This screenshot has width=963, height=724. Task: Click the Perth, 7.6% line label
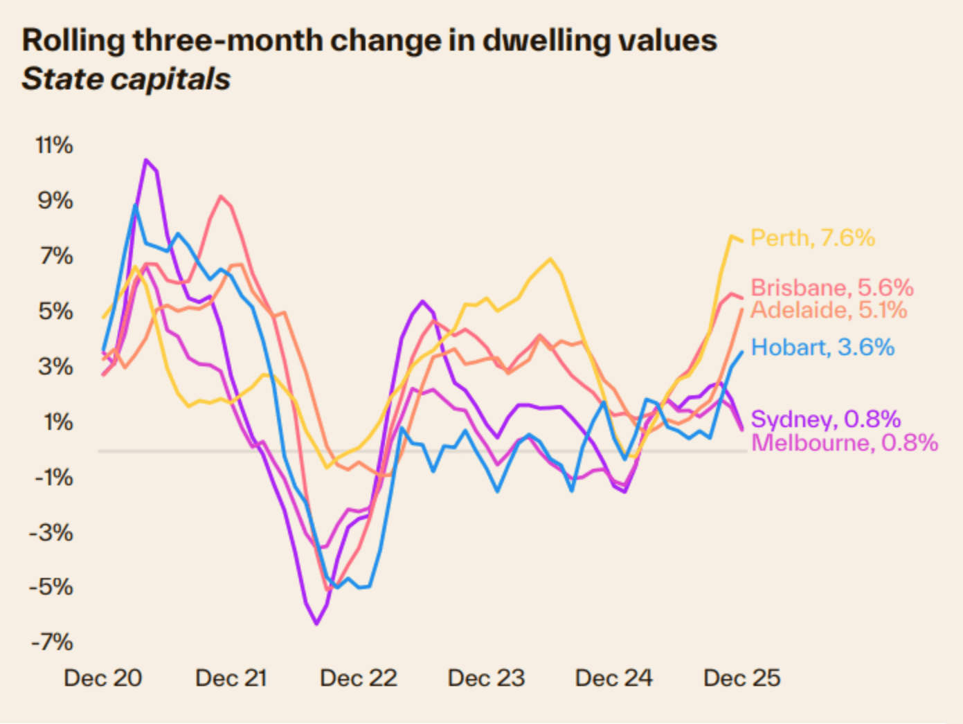(x=812, y=238)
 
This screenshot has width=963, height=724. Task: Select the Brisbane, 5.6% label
(x=831, y=288)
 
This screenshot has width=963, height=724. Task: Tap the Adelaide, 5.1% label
(x=828, y=309)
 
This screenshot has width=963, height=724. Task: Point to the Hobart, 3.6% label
(x=822, y=347)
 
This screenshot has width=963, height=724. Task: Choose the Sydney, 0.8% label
(x=825, y=419)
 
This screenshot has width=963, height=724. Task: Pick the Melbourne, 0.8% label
(x=844, y=442)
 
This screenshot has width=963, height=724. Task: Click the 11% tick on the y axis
(x=54, y=145)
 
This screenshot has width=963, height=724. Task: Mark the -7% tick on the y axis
(x=51, y=642)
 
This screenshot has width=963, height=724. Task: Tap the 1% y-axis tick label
(x=57, y=422)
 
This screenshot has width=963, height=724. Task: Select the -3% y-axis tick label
(x=51, y=532)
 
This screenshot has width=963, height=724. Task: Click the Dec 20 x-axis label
(x=102, y=678)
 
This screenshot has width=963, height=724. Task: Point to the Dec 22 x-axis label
(x=359, y=678)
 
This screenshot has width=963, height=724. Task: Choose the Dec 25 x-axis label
(x=741, y=678)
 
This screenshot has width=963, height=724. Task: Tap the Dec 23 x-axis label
(x=486, y=678)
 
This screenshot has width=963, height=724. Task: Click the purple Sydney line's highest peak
(x=146, y=160)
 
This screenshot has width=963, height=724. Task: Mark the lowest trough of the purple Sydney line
(x=317, y=624)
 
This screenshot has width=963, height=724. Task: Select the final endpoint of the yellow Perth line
(x=742, y=241)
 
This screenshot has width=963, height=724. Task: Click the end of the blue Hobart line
(x=742, y=352)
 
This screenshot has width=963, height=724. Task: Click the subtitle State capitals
(x=126, y=79)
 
